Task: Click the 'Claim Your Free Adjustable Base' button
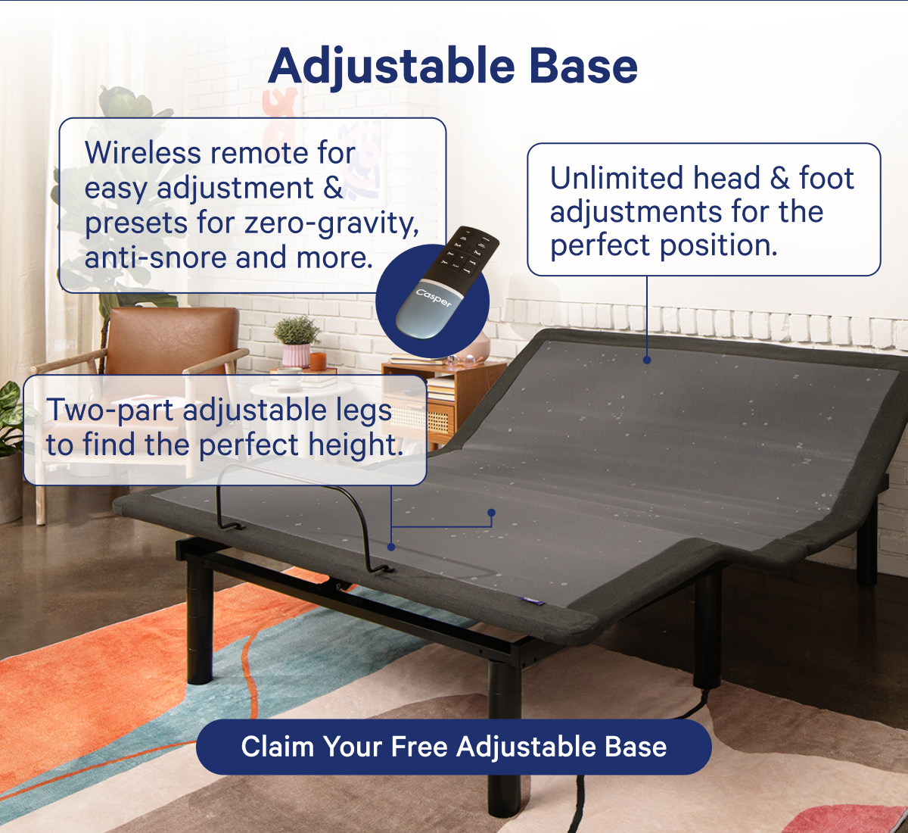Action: [453, 747]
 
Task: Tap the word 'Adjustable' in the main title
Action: [391, 67]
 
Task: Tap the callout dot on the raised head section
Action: [647, 360]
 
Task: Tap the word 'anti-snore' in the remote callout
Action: [155, 257]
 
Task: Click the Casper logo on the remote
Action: [433, 298]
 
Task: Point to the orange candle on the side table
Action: [318, 361]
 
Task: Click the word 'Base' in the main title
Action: [583, 66]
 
